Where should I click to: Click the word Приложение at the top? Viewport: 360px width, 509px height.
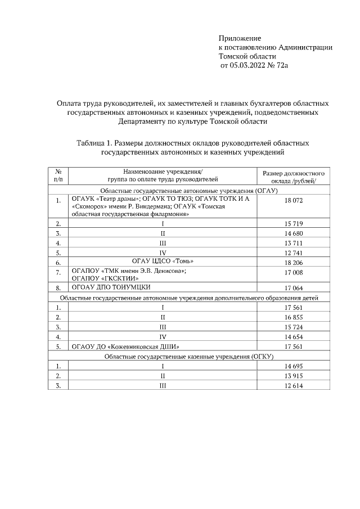coord(240,38)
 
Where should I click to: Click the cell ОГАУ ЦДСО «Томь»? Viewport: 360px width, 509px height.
coord(162,262)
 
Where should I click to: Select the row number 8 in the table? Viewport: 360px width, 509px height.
coord(58,287)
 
